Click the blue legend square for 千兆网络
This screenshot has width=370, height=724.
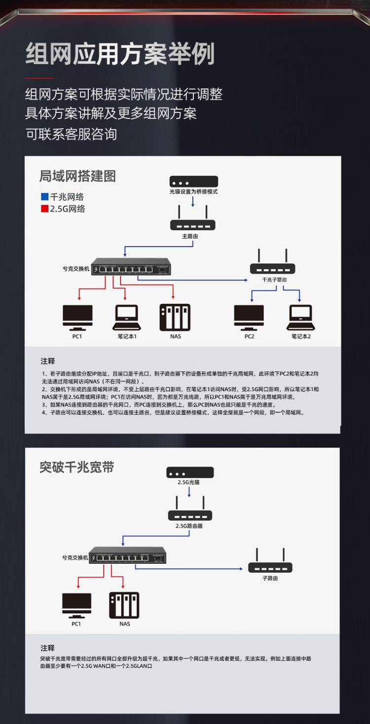44,196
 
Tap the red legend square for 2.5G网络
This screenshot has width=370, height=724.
44,209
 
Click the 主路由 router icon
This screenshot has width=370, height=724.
193,219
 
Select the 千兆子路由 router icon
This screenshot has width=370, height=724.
272,263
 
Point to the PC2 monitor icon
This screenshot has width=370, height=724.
249,318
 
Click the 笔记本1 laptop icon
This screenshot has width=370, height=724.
127,318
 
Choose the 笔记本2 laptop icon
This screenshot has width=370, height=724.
300,318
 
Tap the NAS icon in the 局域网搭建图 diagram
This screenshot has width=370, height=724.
175,318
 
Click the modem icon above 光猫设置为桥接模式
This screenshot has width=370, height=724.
193,181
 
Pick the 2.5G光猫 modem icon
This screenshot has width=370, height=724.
190,472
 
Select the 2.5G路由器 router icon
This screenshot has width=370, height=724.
190,510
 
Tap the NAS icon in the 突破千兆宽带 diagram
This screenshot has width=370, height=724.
124,605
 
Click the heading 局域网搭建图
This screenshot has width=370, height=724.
77,176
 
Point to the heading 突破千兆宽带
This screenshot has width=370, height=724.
77,467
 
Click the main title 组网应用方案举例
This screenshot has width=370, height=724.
120,54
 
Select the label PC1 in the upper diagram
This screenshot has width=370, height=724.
77,336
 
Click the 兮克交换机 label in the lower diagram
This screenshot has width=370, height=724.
75,558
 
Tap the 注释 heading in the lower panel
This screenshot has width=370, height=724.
48,648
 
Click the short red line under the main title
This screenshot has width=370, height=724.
39,78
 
